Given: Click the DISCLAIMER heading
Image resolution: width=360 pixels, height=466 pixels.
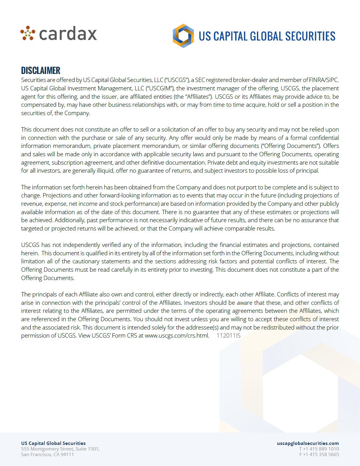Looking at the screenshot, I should point(41,71).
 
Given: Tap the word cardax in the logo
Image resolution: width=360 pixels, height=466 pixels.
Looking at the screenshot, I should point(68,34).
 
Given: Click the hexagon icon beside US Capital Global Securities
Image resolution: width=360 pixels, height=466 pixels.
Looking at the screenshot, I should point(183,36).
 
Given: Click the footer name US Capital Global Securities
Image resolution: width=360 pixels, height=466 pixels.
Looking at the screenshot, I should point(53,443).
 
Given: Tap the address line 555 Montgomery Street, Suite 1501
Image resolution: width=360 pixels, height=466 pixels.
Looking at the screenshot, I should point(60,449).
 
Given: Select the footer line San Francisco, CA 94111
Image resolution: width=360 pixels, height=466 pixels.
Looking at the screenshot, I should point(47,455).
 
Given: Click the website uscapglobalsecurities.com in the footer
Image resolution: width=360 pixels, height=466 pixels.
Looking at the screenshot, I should point(308,443).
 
